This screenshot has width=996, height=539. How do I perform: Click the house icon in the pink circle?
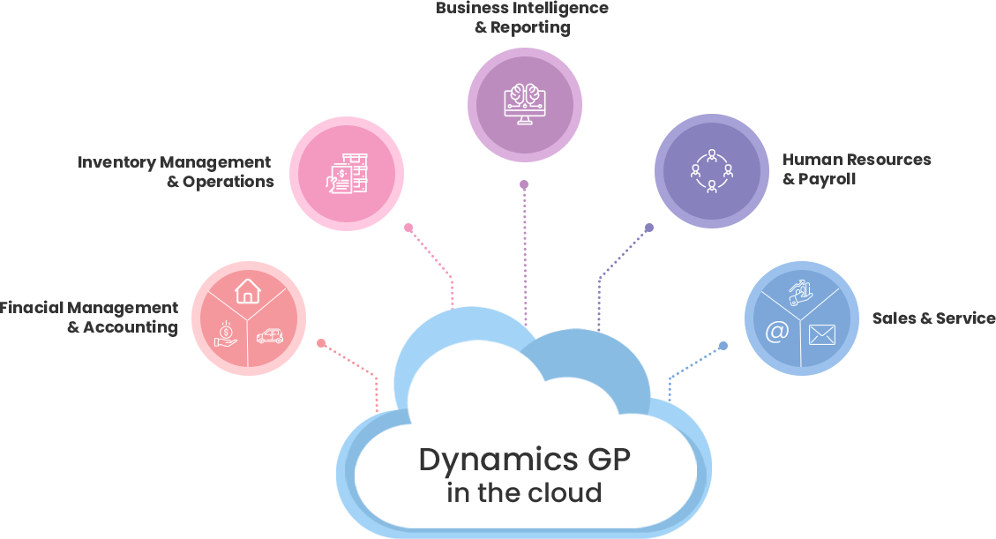pos(248,290)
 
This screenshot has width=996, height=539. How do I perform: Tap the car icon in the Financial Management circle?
pos(270,336)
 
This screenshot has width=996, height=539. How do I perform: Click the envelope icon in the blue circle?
pos(821,334)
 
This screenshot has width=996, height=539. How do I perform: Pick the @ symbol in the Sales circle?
pos(776,332)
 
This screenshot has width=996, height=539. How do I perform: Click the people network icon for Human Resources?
pos(711,171)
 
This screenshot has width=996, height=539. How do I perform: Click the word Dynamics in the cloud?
pos(486,460)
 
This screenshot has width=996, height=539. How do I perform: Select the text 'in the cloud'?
pos(524,492)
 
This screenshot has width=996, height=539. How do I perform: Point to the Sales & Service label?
pos(933,318)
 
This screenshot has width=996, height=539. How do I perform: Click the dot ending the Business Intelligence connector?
pos(524,184)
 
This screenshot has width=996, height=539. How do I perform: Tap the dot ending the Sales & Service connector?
pos(723,345)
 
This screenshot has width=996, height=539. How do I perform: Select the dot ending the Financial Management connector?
pos(321,342)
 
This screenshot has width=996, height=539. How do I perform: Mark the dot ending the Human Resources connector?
pos(649,228)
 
